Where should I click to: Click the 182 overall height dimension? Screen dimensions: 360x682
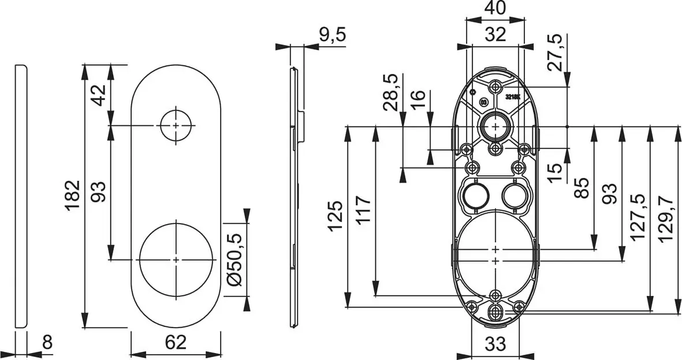(x=71, y=195)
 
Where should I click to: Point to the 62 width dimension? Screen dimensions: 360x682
(x=176, y=343)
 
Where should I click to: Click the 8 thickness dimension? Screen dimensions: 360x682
(x=47, y=343)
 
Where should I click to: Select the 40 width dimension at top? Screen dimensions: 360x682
(x=495, y=9)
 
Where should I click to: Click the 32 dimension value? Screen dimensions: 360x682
(x=495, y=34)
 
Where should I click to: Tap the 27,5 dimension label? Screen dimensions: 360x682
(x=554, y=52)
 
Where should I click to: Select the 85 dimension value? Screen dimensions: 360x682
(x=583, y=187)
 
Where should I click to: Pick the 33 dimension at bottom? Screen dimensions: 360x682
(x=495, y=344)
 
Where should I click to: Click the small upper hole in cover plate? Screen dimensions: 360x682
(x=176, y=125)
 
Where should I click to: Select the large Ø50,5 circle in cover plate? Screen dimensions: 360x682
(x=176, y=260)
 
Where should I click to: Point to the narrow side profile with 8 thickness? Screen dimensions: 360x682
(x=20, y=196)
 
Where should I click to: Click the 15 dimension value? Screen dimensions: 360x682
(x=554, y=172)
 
